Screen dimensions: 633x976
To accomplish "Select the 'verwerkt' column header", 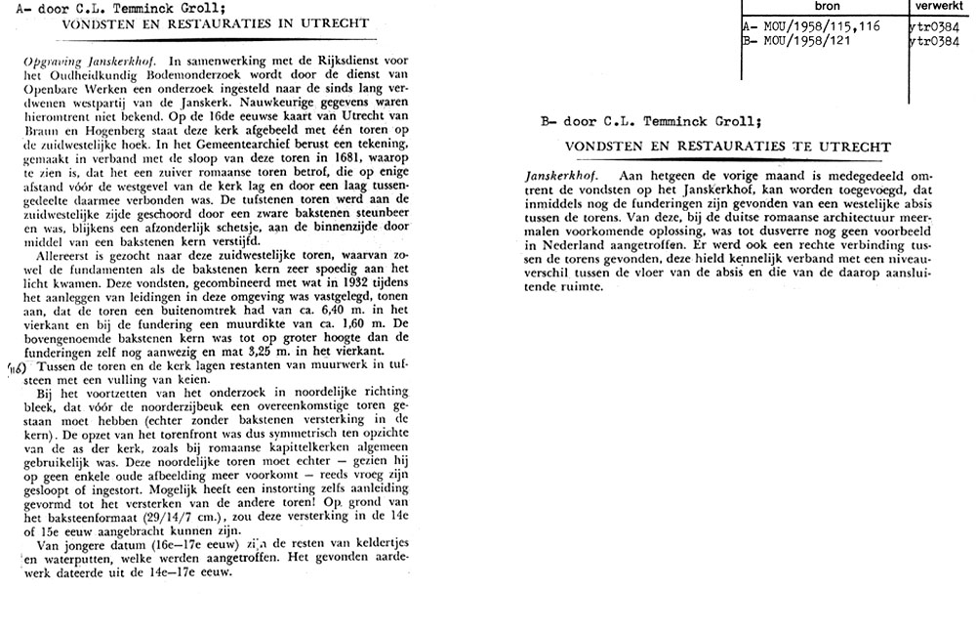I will point(941,6).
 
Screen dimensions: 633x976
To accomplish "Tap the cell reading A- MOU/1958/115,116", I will point(811,26).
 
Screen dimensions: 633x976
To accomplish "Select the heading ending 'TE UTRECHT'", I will point(728,147).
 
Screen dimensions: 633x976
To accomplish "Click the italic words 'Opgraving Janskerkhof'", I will point(86,61).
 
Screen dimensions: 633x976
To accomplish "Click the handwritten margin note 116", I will point(16,368).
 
